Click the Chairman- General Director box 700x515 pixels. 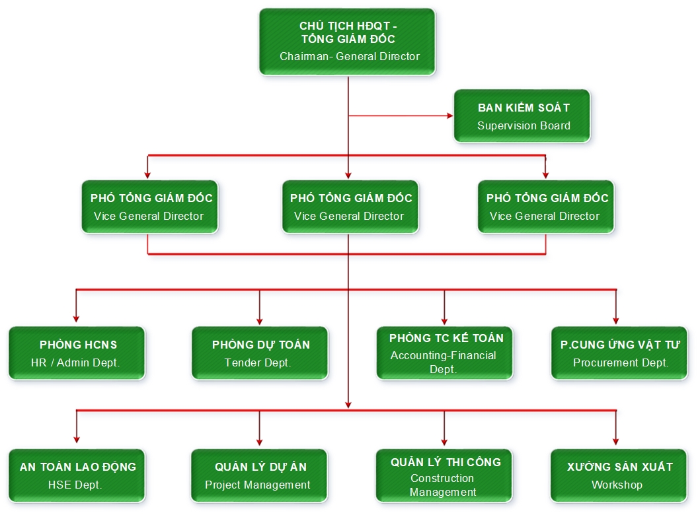click(x=348, y=40)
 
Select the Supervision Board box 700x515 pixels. click(x=522, y=116)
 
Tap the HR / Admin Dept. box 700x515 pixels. click(x=76, y=353)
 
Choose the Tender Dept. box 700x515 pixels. click(x=260, y=353)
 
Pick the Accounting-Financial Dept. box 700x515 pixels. click(x=444, y=353)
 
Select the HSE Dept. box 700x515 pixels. click(x=76, y=475)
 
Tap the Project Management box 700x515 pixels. click(x=259, y=475)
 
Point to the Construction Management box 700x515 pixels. click(x=444, y=475)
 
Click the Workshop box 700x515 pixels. click(x=619, y=475)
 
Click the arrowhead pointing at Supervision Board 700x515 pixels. click(x=450, y=116)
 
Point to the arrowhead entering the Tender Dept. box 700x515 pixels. click(x=260, y=321)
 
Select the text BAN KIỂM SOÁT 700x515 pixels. click(x=524, y=108)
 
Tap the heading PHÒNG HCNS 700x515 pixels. click(x=78, y=345)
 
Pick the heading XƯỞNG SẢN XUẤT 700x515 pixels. click(x=619, y=467)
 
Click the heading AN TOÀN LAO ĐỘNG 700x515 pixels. click(x=78, y=467)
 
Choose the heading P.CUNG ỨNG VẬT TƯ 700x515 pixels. click(x=620, y=345)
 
